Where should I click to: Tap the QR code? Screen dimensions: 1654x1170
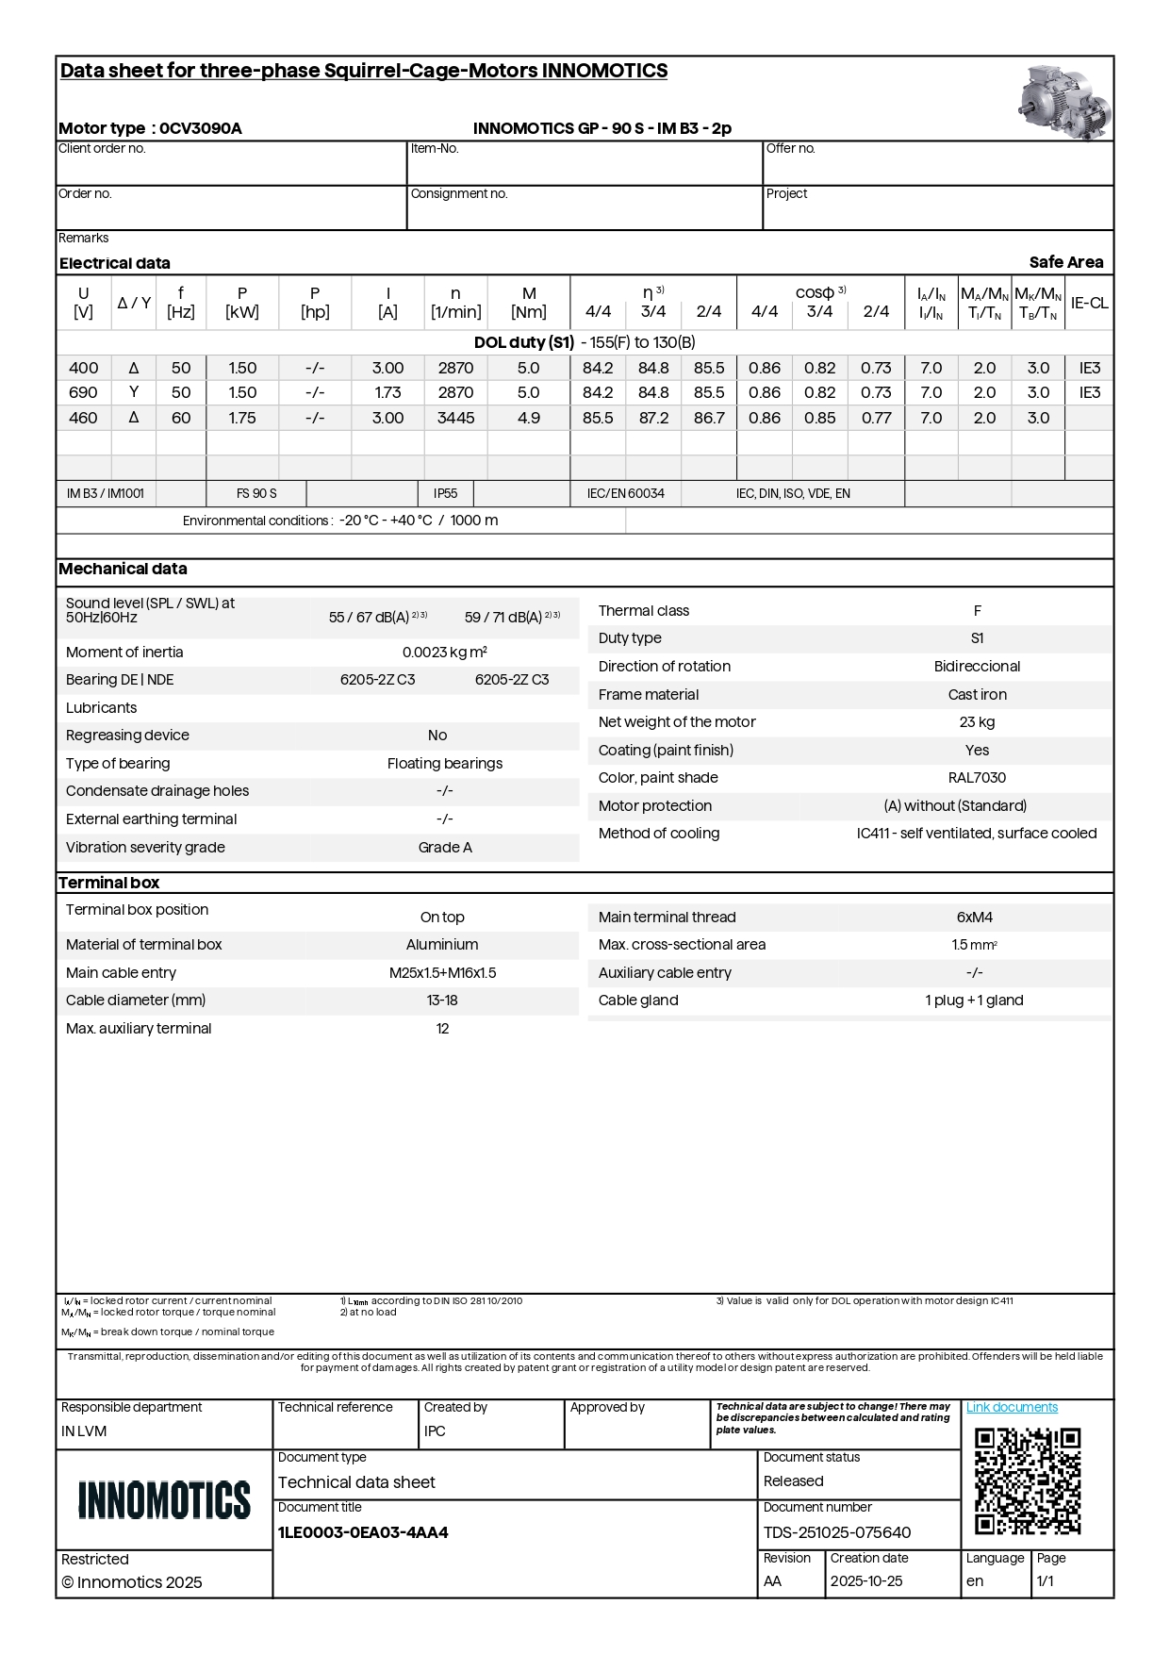tap(1027, 1481)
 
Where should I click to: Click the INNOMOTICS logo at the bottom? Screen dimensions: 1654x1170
tap(164, 1499)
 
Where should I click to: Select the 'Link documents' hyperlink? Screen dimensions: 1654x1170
tap(1012, 1407)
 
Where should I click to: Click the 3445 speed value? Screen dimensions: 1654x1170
tap(455, 418)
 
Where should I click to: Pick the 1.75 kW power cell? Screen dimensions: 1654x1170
tap(242, 418)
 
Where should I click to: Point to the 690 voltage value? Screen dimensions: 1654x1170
tap(83, 392)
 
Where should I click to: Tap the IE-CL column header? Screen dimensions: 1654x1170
tap(1089, 303)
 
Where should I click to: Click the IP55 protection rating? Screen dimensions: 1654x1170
tap(445, 493)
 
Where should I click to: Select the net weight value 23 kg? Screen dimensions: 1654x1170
tap(977, 722)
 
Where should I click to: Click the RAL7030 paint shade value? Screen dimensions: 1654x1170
tap(977, 778)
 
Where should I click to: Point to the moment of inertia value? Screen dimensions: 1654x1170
tap(444, 653)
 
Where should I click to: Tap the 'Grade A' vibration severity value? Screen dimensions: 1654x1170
tap(445, 848)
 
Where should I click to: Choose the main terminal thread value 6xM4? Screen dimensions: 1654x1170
tap(974, 918)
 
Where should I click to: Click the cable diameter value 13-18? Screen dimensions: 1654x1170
tap(442, 1001)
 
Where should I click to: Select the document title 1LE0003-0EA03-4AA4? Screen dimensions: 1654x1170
tap(363, 1532)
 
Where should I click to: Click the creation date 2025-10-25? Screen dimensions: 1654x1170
tap(865, 1581)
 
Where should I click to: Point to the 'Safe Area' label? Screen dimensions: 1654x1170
tap(1065, 262)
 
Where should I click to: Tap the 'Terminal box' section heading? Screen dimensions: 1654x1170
tap(109, 883)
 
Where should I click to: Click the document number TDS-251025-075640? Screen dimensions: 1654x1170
tap(836, 1532)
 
